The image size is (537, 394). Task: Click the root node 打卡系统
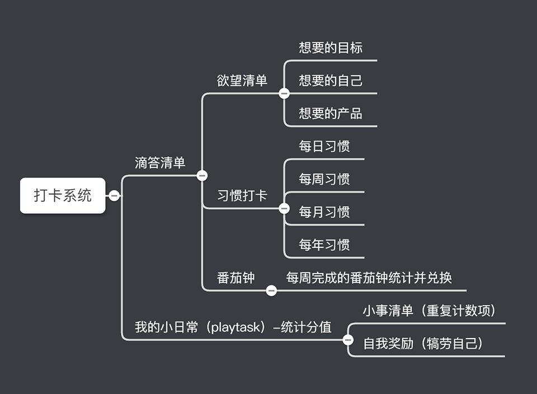click(63, 196)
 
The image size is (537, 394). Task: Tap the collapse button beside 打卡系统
click(114, 196)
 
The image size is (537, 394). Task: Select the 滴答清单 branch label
click(160, 163)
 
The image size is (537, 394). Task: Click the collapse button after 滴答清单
click(202, 176)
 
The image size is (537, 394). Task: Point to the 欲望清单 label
click(242, 81)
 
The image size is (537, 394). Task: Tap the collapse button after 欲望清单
click(284, 93)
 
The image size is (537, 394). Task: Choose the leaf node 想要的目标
click(331, 48)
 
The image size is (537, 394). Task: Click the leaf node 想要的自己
click(331, 81)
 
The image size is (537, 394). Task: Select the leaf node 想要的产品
click(331, 114)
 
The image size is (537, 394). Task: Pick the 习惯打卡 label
click(242, 196)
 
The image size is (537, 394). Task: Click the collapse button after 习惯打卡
click(284, 209)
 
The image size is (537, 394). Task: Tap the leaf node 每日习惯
click(324, 147)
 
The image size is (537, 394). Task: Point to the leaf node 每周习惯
click(324, 179)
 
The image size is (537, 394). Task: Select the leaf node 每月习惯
click(324, 212)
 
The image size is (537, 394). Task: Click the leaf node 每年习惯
click(324, 245)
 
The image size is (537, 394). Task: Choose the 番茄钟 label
click(236, 278)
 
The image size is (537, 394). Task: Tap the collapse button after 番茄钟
click(271, 290)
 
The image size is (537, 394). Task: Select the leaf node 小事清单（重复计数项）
click(430, 311)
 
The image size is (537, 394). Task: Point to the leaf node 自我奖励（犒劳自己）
click(423, 343)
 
